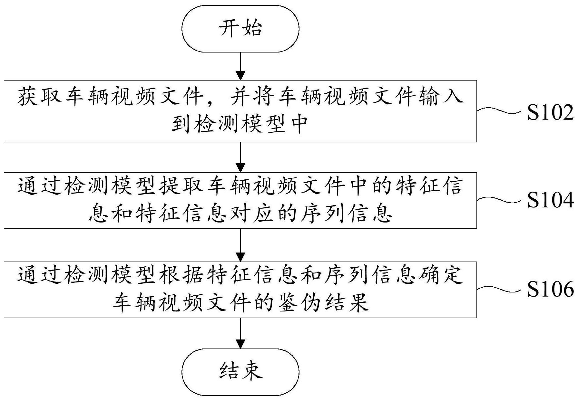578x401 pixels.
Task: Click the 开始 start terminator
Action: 240,28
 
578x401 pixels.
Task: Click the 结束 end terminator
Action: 240,371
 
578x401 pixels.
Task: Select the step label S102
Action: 550,113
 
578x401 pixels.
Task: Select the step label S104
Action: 550,200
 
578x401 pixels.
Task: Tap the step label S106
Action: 550,289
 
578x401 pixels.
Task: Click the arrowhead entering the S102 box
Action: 240,76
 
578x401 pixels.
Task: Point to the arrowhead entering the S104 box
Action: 240,168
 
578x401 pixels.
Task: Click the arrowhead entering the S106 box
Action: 240,257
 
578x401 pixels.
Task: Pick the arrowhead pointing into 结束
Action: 240,344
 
